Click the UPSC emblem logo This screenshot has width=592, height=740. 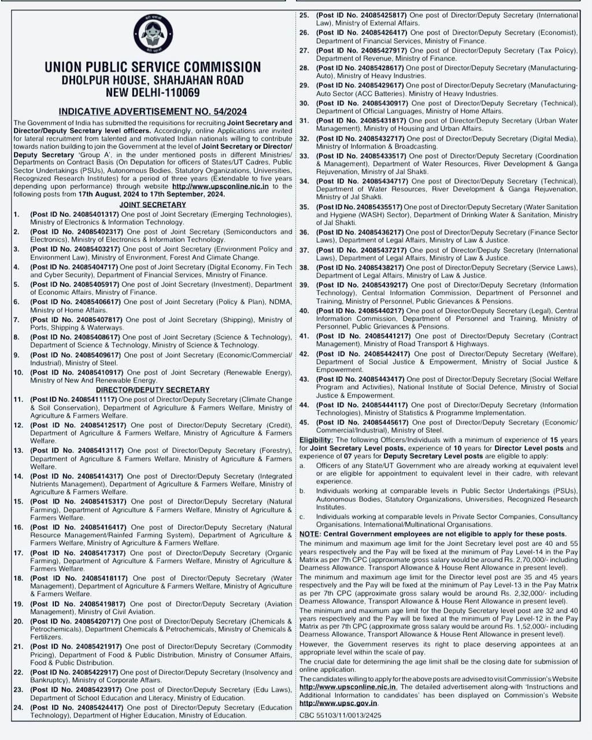coord(152,35)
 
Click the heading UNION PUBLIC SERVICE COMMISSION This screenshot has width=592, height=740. coord(153,67)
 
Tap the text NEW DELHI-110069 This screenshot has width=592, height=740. coord(153,92)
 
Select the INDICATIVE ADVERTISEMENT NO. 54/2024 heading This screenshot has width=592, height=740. coord(153,112)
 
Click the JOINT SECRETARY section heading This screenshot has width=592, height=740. coord(153,205)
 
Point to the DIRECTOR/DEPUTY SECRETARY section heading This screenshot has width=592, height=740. coord(153,390)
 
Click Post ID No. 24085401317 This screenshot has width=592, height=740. coord(75,214)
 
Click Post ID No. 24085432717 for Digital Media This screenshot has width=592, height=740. coord(360,139)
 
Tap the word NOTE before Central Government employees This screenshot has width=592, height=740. coord(309,534)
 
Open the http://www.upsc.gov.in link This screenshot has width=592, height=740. coord(338,703)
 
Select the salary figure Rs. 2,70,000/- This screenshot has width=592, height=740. coord(515,560)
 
